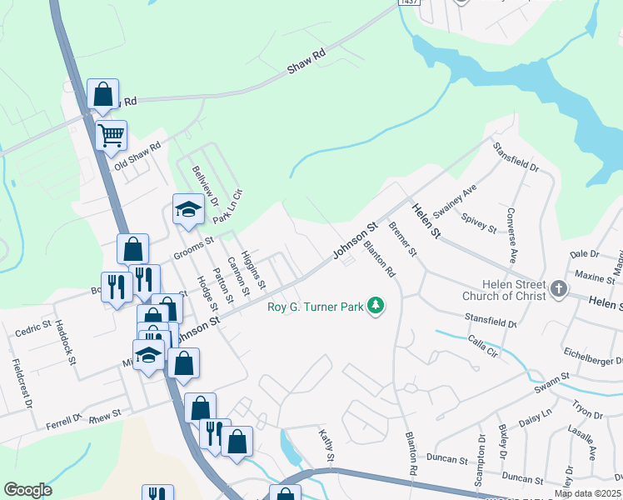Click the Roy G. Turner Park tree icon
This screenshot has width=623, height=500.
click(376, 306)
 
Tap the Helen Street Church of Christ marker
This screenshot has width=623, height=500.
click(558, 290)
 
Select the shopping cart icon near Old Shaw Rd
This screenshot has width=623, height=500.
click(111, 134)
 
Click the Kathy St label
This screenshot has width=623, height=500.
click(327, 447)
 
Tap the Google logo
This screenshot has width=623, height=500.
click(27, 490)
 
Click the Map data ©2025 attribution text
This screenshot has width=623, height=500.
click(587, 494)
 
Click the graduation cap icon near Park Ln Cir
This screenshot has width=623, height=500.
click(188, 208)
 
